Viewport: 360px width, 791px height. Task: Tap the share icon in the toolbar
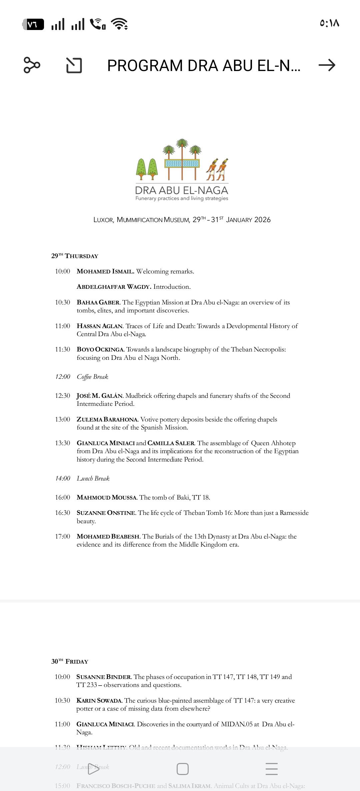point(32,65)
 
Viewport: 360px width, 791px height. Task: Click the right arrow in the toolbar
point(327,65)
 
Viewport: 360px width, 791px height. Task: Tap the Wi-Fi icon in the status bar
point(119,24)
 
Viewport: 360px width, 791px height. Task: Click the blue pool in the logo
point(182,163)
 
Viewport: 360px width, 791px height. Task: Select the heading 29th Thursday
point(75,256)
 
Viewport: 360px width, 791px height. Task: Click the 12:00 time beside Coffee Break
point(63,377)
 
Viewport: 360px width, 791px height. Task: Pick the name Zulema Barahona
point(107,420)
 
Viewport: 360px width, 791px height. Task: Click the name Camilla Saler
point(171,443)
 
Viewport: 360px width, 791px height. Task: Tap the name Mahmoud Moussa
point(107,498)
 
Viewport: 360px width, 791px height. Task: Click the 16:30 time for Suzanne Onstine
point(63,513)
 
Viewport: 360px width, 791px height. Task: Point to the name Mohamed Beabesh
point(108,537)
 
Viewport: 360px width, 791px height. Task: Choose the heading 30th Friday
point(70,661)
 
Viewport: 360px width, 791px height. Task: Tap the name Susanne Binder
point(104,677)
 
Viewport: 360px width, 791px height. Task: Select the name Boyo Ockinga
point(100,349)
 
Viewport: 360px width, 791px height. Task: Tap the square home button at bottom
point(183,769)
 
